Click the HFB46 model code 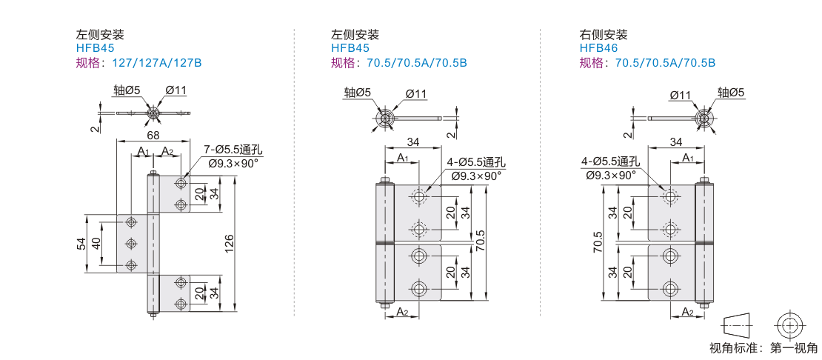(x=598, y=49)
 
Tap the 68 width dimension (x=153, y=136)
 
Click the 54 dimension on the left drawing (x=81, y=243)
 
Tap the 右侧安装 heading (x=604, y=35)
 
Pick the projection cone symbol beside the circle (x=737, y=325)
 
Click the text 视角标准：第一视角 (x=763, y=347)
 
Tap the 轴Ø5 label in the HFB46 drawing (x=732, y=93)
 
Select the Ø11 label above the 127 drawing (x=176, y=90)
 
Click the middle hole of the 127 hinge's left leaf (x=131, y=244)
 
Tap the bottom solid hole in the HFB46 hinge (x=669, y=289)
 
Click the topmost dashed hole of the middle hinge (x=419, y=196)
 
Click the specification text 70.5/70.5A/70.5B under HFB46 (x=665, y=63)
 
